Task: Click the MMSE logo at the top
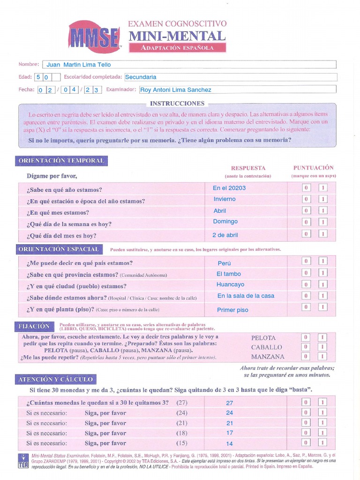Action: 94,37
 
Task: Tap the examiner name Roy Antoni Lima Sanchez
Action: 176,90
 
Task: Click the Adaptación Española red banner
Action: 177,48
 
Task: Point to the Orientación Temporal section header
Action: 61,161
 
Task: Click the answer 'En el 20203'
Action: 229,188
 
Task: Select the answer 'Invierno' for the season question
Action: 225,199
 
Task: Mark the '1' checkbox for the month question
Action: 323,210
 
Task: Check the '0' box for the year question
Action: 306,188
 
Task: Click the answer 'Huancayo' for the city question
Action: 230,285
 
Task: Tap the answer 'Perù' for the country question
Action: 224,263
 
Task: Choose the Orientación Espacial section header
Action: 59,249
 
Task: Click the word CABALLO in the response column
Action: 266,347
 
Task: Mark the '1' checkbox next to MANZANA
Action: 322,356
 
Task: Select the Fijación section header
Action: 34,326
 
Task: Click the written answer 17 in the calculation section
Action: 229,433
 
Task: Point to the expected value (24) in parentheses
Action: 182,413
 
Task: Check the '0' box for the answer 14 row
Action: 306,442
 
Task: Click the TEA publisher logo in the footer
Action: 22,460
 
